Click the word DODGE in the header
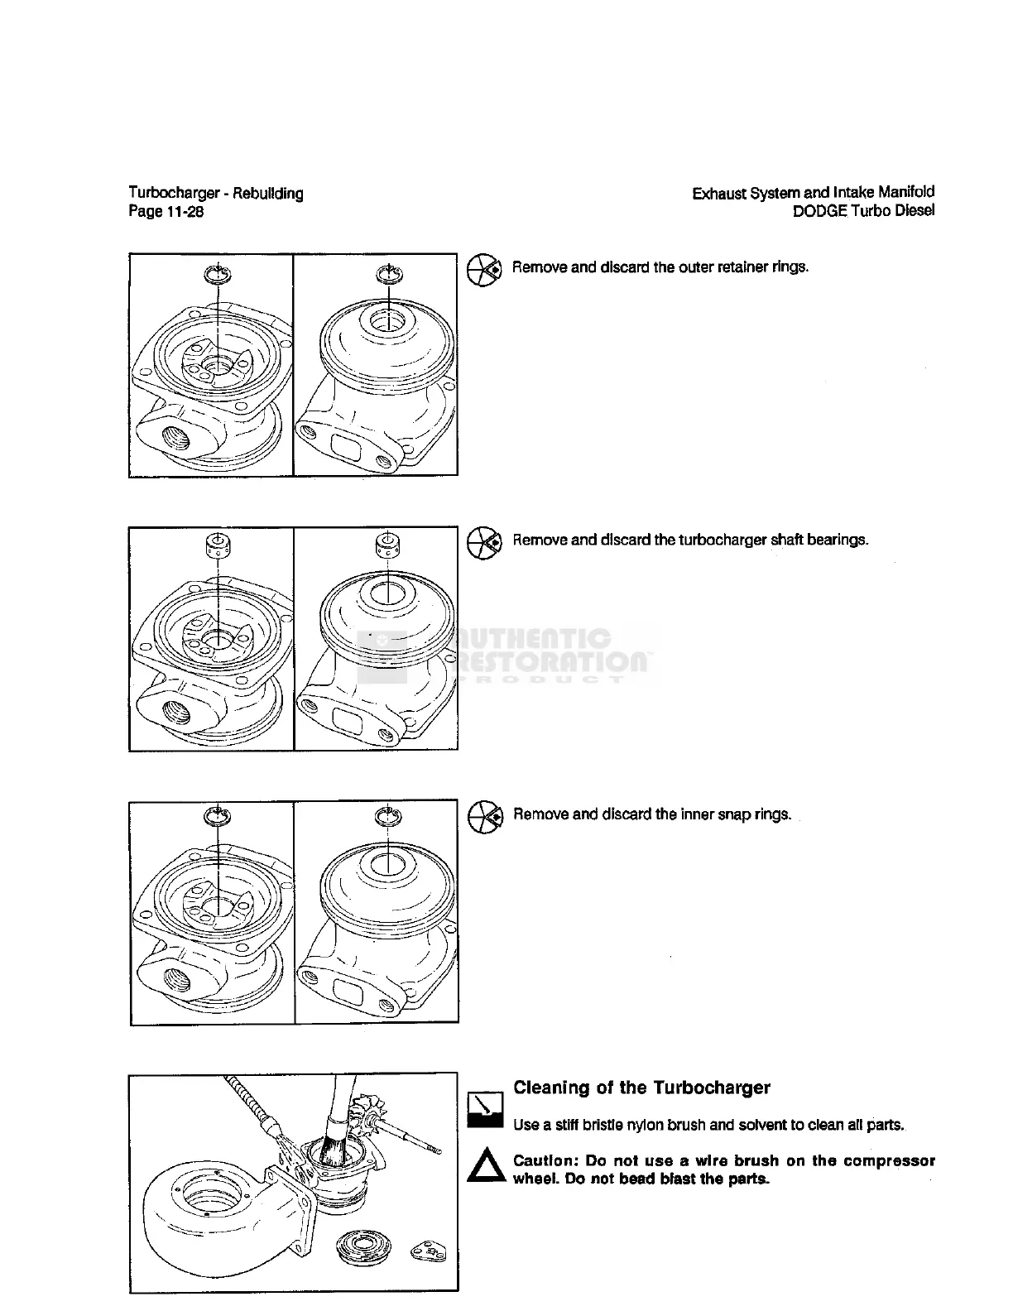819,211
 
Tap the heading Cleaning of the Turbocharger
641,1088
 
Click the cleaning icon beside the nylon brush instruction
486,1110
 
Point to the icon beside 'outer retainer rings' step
484,270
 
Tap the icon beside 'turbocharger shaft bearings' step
484,542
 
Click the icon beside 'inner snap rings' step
485,817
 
